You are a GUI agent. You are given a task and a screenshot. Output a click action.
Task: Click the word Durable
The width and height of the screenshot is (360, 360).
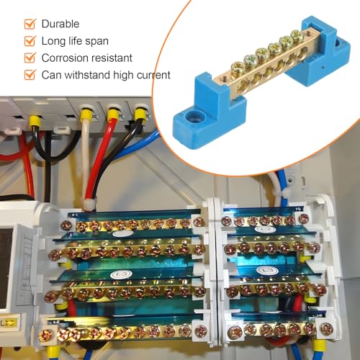tap(60, 24)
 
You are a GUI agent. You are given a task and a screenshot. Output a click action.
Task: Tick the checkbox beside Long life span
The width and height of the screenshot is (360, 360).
tap(30, 41)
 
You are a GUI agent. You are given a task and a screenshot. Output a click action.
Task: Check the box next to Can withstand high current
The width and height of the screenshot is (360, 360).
tap(30, 75)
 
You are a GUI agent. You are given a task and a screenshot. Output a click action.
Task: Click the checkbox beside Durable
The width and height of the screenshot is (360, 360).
tap(30, 24)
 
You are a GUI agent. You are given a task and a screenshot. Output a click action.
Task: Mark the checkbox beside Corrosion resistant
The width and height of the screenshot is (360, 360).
tap(30, 58)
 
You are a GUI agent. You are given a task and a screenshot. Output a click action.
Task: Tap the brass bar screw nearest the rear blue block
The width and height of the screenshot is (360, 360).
tap(297, 35)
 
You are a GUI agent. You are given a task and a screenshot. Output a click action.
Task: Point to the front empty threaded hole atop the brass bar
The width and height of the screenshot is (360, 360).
tap(224, 78)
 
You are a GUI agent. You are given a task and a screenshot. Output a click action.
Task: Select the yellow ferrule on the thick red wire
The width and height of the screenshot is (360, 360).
tap(112, 114)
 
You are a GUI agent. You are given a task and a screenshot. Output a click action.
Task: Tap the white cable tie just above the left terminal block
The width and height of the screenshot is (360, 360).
tap(89, 204)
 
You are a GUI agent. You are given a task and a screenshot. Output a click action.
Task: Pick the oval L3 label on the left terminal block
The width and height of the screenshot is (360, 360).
tap(122, 274)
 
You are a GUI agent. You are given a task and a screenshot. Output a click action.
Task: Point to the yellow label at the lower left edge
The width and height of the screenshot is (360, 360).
tap(9, 323)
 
